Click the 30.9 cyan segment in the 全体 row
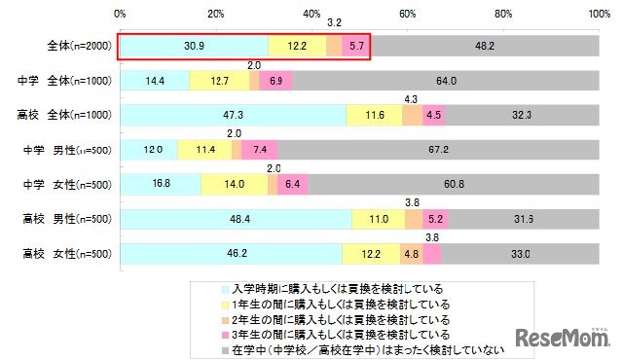194,46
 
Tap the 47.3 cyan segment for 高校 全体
233,115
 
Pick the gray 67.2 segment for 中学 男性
438,150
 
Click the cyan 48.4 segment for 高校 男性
236,219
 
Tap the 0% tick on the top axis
120,14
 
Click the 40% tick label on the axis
311,14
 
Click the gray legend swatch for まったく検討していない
226,347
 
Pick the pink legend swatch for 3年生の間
226,333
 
